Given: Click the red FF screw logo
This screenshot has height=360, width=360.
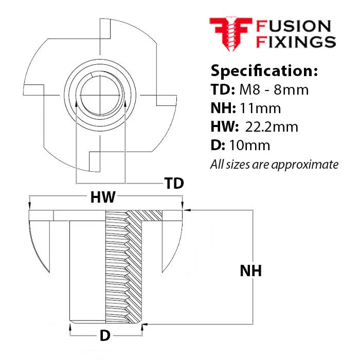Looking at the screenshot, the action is click(231, 33).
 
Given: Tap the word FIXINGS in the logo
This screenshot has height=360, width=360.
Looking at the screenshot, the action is click(296, 42).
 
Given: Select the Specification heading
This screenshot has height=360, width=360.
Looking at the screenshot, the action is click(264, 71).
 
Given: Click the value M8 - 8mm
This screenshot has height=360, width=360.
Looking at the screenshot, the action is click(274, 89).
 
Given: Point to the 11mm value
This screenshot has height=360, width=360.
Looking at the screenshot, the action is click(260, 108).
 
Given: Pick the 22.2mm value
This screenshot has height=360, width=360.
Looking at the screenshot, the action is click(272, 127).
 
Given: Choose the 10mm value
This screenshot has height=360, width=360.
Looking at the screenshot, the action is click(249, 146).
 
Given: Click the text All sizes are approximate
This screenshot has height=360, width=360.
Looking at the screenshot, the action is click(274, 165).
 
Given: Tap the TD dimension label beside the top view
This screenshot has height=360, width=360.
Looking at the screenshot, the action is click(174, 183).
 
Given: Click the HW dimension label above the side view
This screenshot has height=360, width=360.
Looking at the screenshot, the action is click(103, 197).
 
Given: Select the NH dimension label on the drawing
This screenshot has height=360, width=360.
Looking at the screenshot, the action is click(251, 271).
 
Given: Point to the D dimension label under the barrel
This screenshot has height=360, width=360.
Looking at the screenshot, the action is click(105, 336).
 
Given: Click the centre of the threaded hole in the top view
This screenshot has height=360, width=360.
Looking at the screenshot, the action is click(100, 95).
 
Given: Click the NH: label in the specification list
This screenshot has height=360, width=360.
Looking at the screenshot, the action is click(223, 108).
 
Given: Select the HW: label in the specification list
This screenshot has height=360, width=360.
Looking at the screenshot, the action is click(225, 127).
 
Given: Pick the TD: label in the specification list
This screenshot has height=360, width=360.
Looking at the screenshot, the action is click(223, 89).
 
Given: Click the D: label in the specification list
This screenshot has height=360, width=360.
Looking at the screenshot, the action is click(218, 146).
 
